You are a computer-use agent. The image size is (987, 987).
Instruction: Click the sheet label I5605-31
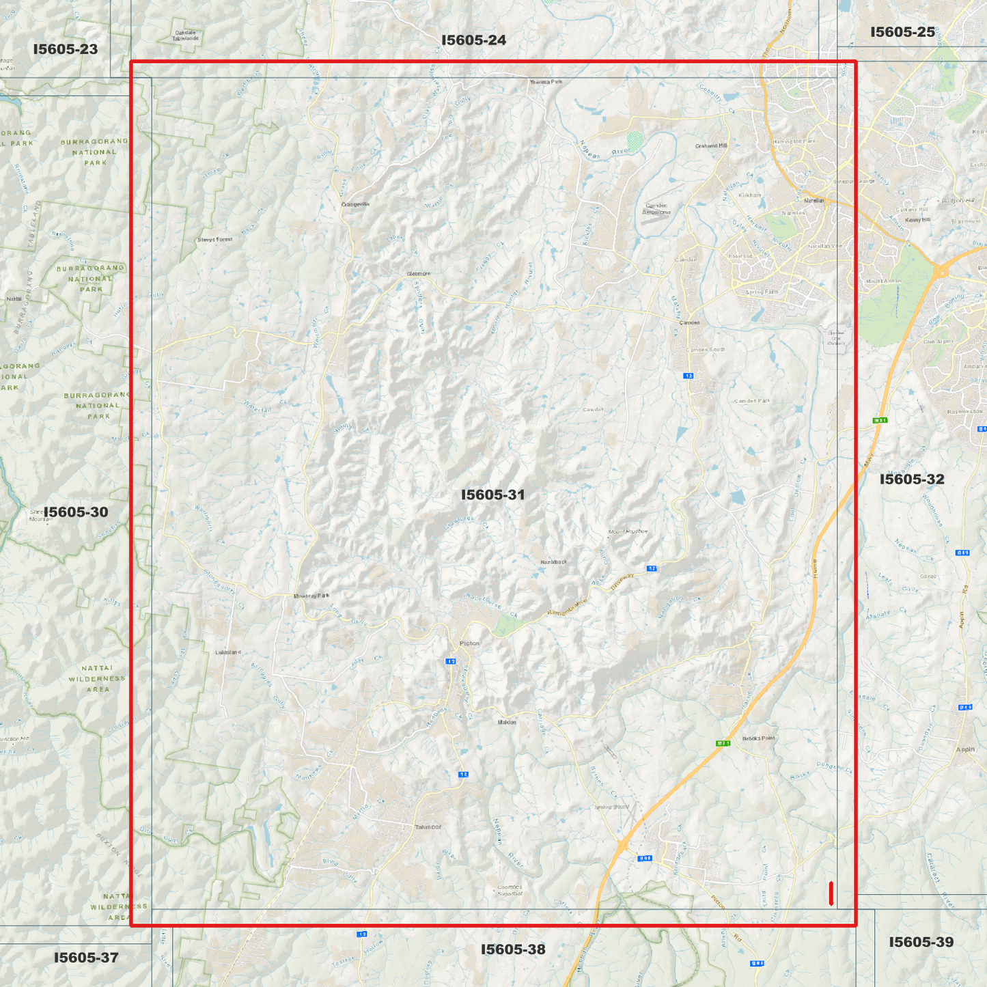coord(492,495)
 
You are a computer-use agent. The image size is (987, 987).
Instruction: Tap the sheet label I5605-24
coord(473,40)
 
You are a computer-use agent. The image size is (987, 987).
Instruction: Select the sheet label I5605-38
coord(513,949)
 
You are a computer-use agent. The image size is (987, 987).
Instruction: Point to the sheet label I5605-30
coord(76,512)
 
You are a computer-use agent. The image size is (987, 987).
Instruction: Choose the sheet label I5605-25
coord(902,32)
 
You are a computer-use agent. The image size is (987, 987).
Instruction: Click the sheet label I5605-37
coord(86,958)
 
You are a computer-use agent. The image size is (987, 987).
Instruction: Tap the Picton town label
coord(469,643)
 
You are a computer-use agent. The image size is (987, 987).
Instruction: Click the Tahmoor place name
coord(428,827)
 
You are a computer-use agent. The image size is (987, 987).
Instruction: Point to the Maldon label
coord(507,722)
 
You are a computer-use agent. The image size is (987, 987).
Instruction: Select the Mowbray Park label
coord(311,596)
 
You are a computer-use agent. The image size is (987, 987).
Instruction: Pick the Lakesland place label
coord(228,652)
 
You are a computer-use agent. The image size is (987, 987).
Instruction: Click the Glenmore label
coord(419,274)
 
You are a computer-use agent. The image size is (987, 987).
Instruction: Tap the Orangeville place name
coord(355,204)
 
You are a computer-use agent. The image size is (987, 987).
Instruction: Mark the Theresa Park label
coord(546,82)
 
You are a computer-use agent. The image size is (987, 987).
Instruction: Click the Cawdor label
coord(593,410)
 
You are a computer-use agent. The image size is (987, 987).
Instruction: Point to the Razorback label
coord(553,562)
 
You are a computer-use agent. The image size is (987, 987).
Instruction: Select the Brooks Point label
coord(758,738)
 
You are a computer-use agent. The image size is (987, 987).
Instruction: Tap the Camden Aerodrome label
coord(656,208)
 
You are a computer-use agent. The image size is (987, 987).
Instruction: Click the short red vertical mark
coord(831,893)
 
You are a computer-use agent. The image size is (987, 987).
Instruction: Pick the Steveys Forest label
coord(215,240)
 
